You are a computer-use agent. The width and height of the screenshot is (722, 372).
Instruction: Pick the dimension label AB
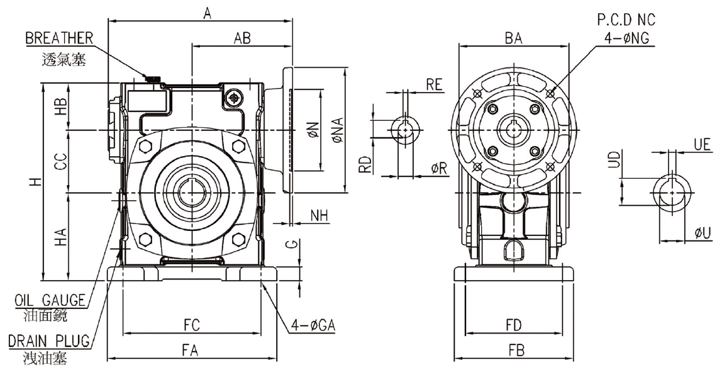(x=242, y=38)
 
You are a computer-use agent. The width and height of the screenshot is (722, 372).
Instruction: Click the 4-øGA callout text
(x=312, y=325)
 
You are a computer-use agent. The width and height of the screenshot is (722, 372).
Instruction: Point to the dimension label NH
(x=319, y=215)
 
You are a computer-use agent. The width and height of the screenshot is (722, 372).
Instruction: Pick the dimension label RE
(x=435, y=84)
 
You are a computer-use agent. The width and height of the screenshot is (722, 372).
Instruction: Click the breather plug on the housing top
(x=152, y=78)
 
